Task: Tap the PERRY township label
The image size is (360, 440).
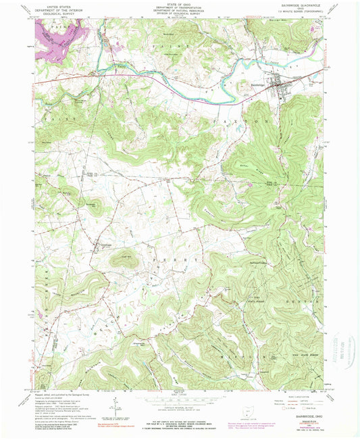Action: point(178,259)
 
